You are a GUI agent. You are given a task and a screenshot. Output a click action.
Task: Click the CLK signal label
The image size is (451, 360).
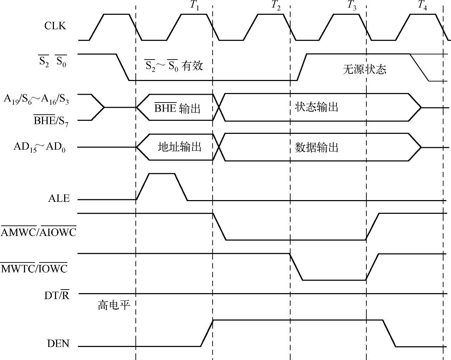[x=55, y=26]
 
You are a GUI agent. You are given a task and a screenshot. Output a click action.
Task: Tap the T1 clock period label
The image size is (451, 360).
[x=194, y=6]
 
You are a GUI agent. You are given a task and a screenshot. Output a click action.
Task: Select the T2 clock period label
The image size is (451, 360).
[x=276, y=6]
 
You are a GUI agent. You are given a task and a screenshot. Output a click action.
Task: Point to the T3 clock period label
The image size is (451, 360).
[x=352, y=6]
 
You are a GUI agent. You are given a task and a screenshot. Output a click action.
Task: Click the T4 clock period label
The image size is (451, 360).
[x=422, y=6]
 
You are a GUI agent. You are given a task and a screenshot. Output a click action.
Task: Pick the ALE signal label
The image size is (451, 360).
[x=59, y=199]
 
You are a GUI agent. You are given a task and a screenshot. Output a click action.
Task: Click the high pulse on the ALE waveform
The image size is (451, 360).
[x=162, y=174]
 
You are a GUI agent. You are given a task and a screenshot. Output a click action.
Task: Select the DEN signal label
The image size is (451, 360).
[x=58, y=343]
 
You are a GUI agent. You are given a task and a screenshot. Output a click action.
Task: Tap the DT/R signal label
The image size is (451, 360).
[x=57, y=295]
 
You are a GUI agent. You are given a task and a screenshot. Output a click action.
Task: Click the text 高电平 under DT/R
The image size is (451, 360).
[x=114, y=305]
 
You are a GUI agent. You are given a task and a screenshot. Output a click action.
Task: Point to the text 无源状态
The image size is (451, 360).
[x=364, y=69]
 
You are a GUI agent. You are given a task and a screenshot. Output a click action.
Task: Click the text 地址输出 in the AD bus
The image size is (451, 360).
[x=179, y=147]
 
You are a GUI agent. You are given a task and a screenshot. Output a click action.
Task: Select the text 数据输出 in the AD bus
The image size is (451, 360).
[x=316, y=147]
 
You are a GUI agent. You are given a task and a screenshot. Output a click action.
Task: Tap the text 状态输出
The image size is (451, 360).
[x=316, y=107]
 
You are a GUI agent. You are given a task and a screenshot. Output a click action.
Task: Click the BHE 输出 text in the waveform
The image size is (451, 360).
[x=177, y=108]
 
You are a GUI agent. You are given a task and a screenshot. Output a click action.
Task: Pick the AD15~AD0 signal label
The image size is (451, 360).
[x=39, y=147]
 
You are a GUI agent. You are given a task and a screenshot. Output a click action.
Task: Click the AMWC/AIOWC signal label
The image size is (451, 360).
[x=38, y=232]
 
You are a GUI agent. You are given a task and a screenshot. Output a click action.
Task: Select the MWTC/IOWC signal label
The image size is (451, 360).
[x=34, y=269]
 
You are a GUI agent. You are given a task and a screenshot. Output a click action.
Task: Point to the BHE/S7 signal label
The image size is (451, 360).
[x=51, y=121]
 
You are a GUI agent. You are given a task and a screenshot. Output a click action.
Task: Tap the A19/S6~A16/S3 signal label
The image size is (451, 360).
[x=36, y=99]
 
